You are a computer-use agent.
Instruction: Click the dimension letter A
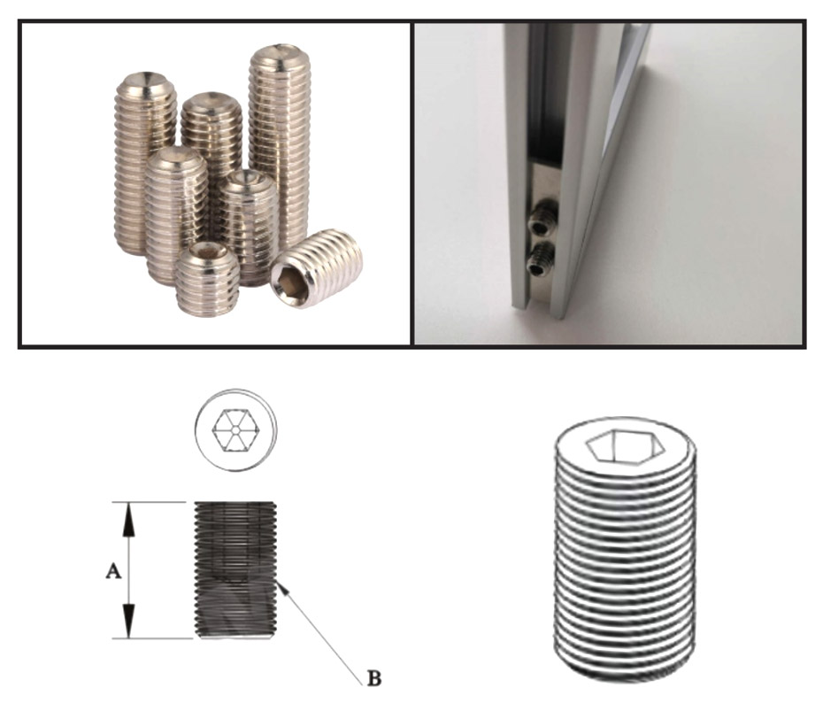113,571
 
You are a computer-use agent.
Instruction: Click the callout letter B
374,678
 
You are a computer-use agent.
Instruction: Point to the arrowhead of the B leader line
282,588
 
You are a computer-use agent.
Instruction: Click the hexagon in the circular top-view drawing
236,430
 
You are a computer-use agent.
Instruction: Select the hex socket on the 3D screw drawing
625,446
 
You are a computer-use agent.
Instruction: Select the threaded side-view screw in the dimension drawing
235,570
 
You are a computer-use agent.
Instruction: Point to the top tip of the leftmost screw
142,73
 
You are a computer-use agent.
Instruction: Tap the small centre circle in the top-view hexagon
236,430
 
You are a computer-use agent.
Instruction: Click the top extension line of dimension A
149,502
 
